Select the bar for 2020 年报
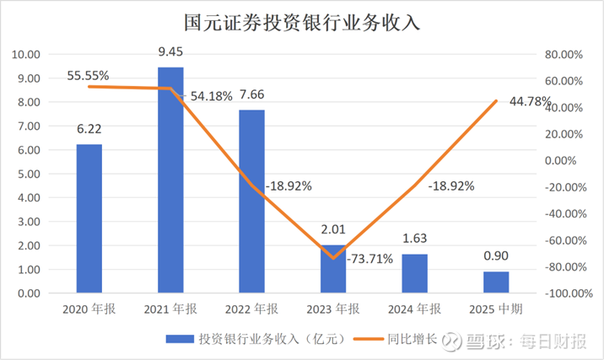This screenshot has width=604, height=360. tap(89, 219)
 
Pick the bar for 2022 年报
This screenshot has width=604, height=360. tap(251, 202)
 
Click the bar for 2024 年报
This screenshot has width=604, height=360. tap(414, 274)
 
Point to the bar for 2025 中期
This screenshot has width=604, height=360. tap(495, 282)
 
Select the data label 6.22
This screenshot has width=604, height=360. tap(89, 131)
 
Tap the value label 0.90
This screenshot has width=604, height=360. tap(495, 256)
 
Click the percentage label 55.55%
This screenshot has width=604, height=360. tap(89, 75)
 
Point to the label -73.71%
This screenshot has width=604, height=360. tap(371, 258)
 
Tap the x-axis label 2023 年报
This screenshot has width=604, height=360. tap(332, 309)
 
